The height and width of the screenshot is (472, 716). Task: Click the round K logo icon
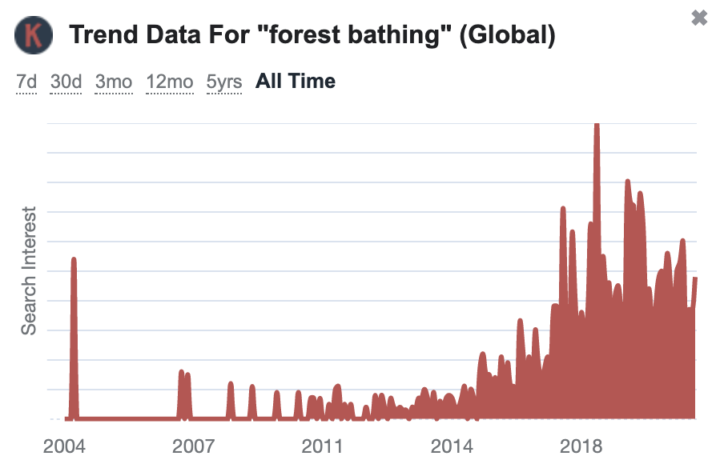point(34,35)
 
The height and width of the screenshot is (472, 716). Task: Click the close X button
point(699,18)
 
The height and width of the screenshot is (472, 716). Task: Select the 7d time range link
point(26,82)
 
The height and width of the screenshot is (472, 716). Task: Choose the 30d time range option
point(66,82)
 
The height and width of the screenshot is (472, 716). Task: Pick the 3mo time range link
point(114,82)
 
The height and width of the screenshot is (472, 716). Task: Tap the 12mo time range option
point(170,82)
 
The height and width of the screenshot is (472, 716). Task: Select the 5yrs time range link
point(223,82)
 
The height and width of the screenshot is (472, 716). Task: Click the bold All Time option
point(296,81)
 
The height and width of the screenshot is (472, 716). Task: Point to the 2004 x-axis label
point(64,446)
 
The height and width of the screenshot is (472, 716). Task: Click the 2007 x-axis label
point(193,446)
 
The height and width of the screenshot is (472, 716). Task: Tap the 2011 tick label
point(322,446)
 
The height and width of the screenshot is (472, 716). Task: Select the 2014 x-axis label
point(452,446)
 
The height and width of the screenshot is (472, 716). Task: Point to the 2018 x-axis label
point(581,446)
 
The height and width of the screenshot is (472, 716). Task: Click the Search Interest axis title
point(29,271)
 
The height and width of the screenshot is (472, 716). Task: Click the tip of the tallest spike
point(597,123)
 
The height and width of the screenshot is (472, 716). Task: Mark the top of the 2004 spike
point(74,258)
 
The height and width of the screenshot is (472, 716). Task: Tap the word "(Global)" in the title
point(507,35)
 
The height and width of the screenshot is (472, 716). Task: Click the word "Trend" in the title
point(103,34)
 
